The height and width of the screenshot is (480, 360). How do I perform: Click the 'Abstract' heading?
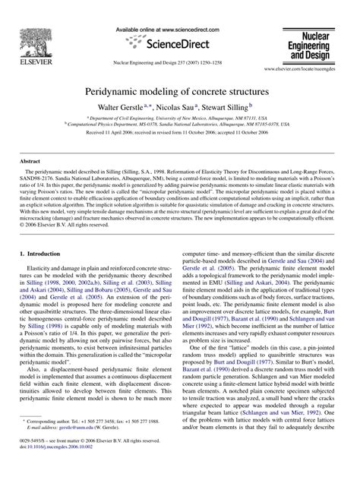[30, 163]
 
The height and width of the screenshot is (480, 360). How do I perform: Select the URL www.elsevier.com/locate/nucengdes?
[308, 68]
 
